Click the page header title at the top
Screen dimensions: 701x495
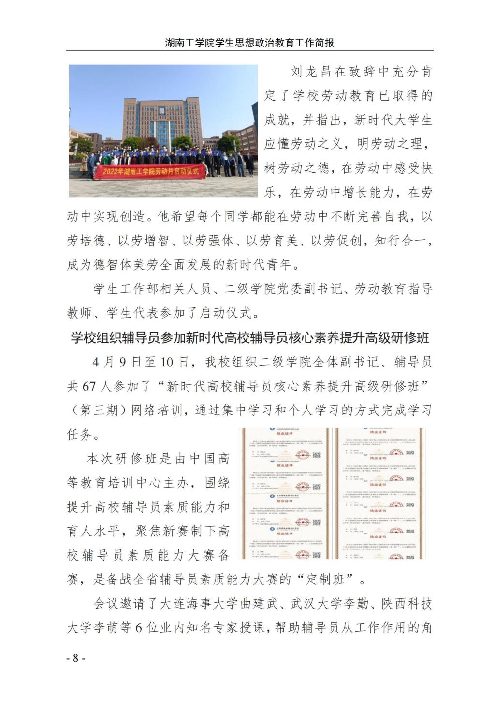click(x=249, y=43)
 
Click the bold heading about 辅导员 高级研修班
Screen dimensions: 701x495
click(x=249, y=337)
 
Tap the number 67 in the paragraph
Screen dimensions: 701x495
click(x=89, y=386)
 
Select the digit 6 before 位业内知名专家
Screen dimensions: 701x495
click(x=138, y=627)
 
